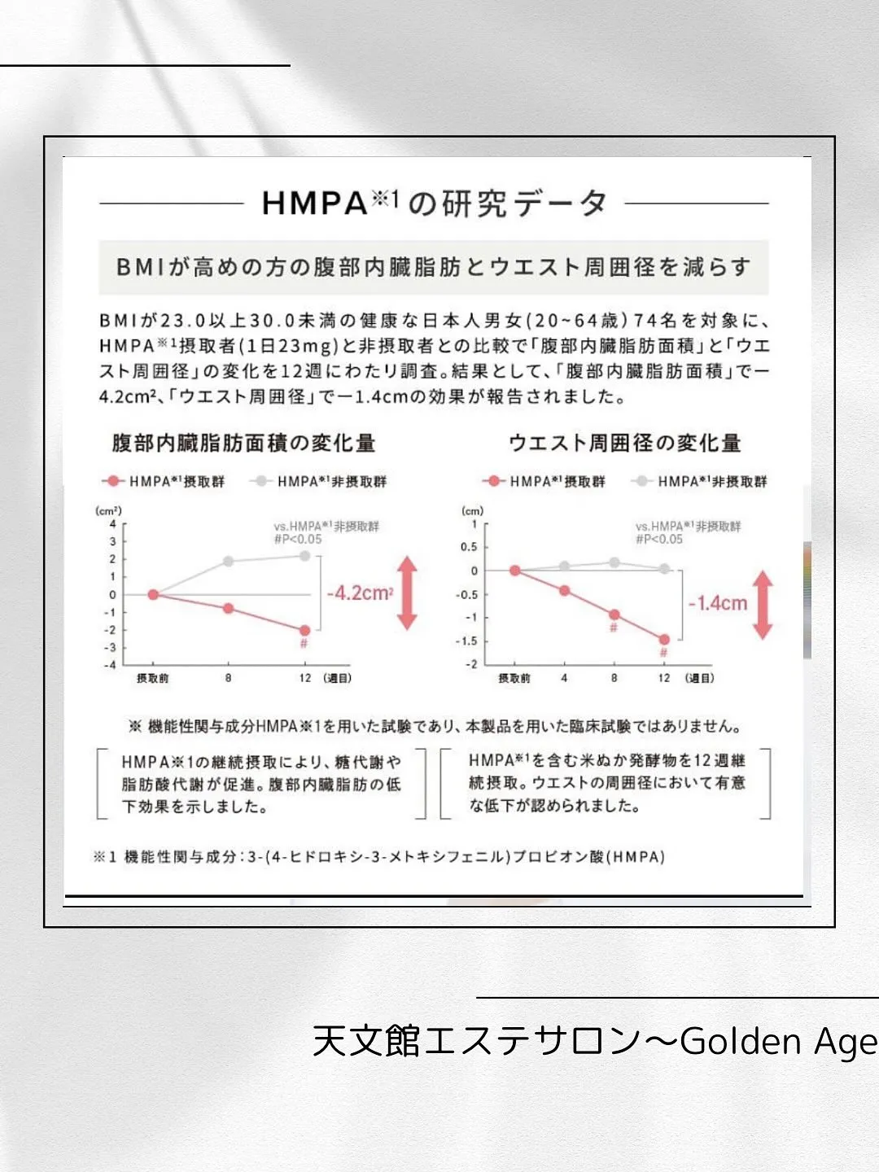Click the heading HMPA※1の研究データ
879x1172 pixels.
pos(434,203)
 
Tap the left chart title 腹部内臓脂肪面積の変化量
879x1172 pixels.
pos(243,443)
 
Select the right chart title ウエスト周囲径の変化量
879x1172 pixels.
pos(624,443)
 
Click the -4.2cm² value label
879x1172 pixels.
pos(360,593)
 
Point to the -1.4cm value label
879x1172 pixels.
pos(717,603)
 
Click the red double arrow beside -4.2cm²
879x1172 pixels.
pos(408,593)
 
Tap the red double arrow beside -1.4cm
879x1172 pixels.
pos(763,604)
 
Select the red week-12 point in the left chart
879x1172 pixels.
pos(305,630)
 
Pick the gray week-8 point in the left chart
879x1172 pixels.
pos(229,561)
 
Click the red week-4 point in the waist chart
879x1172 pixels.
pos(565,591)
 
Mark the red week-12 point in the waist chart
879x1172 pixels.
pos(664,640)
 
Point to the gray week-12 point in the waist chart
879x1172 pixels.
pos(664,569)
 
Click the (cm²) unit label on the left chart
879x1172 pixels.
pos(108,510)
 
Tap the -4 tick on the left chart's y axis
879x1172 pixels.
pos(110,665)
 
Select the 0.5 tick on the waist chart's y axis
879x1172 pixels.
pos(469,547)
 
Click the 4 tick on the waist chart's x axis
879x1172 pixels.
pos(564,678)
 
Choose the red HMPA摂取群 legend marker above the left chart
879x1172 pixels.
pos(113,481)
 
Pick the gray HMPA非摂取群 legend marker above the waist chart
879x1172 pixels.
pos(642,481)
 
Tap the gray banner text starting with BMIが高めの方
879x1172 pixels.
pos(433,267)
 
